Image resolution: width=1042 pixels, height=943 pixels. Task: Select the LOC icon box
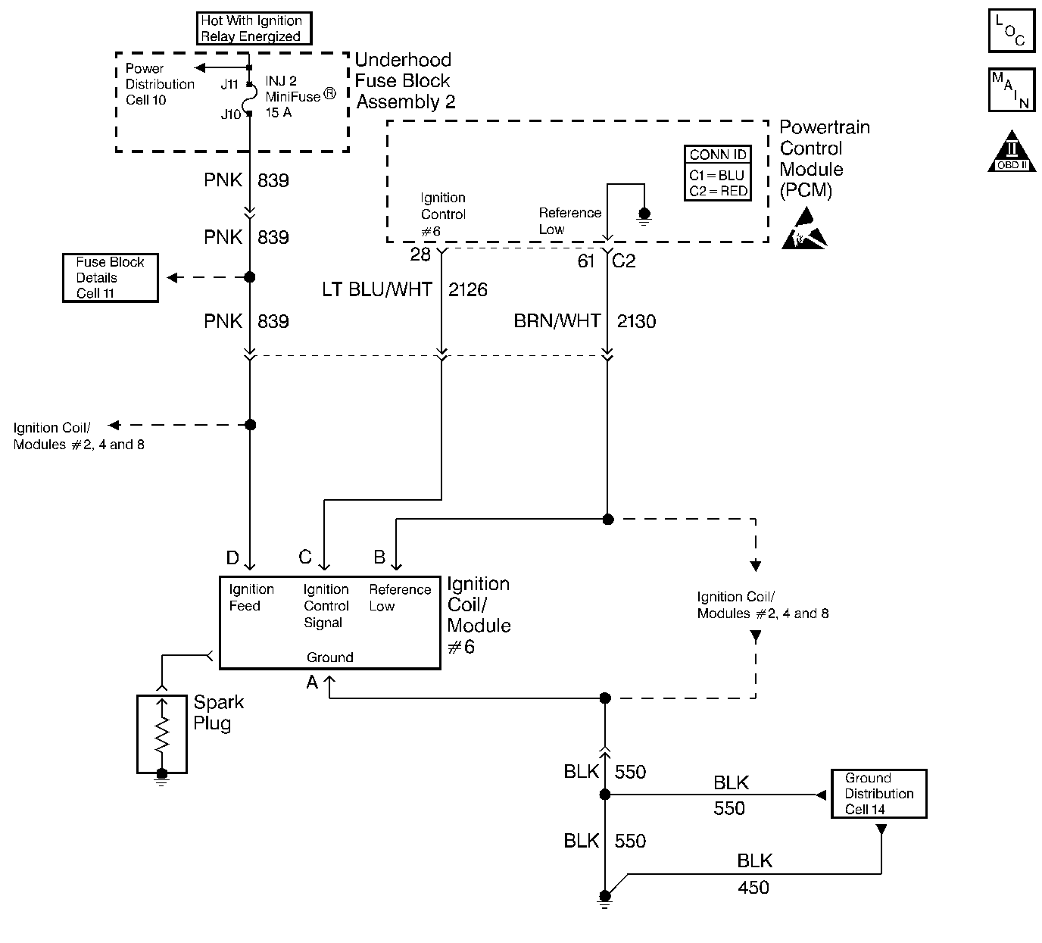(x=1011, y=31)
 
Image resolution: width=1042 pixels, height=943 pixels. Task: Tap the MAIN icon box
(x=1011, y=90)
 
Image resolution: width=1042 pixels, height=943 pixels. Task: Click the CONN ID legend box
(x=717, y=173)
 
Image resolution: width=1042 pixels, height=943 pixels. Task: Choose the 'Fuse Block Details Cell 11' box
(x=110, y=278)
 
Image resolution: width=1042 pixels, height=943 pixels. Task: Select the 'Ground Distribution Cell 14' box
(x=878, y=794)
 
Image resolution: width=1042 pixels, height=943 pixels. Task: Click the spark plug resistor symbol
(x=161, y=734)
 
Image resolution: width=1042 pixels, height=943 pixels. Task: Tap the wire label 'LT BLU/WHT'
(x=377, y=290)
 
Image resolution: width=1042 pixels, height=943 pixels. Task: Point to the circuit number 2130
(x=636, y=322)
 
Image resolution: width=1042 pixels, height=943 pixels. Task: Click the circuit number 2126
(x=467, y=290)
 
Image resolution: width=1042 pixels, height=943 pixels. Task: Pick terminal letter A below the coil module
(x=312, y=682)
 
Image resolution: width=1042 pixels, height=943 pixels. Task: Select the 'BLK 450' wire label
(x=754, y=874)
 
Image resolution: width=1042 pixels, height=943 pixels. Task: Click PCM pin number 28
(x=420, y=254)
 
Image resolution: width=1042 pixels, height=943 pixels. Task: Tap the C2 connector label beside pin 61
(x=623, y=261)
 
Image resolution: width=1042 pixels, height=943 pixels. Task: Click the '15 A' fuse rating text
(x=278, y=113)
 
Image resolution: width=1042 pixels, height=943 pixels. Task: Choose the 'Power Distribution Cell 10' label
(x=159, y=84)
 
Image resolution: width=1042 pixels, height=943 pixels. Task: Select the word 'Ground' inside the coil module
(x=329, y=657)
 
